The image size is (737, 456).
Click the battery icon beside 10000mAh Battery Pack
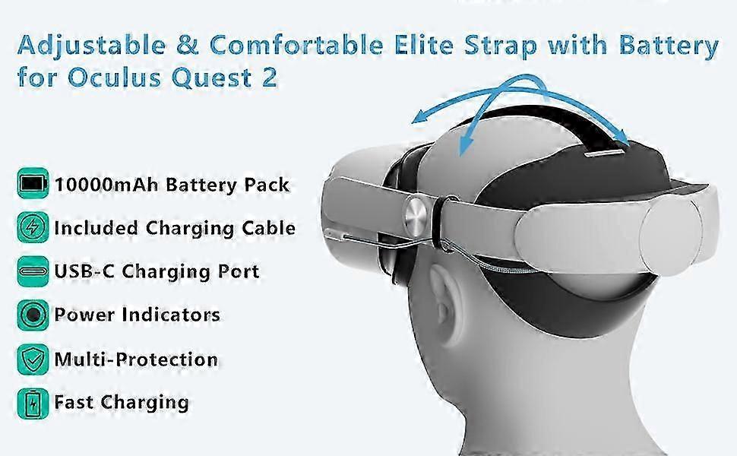pyautogui.click(x=33, y=183)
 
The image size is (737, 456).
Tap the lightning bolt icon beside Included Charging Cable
pyautogui.click(x=33, y=227)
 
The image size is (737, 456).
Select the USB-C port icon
pyautogui.click(x=33, y=271)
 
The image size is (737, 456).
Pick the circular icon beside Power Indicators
pyautogui.click(x=33, y=315)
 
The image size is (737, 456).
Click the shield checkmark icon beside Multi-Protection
pyautogui.click(x=33, y=359)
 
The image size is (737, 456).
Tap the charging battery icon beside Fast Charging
pyautogui.click(x=33, y=404)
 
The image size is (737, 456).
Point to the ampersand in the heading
pyautogui.click(x=188, y=45)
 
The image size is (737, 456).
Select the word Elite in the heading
pyautogui.click(x=423, y=45)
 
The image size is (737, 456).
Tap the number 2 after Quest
pyautogui.click(x=269, y=78)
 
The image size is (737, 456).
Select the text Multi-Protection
pyautogui.click(x=136, y=359)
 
